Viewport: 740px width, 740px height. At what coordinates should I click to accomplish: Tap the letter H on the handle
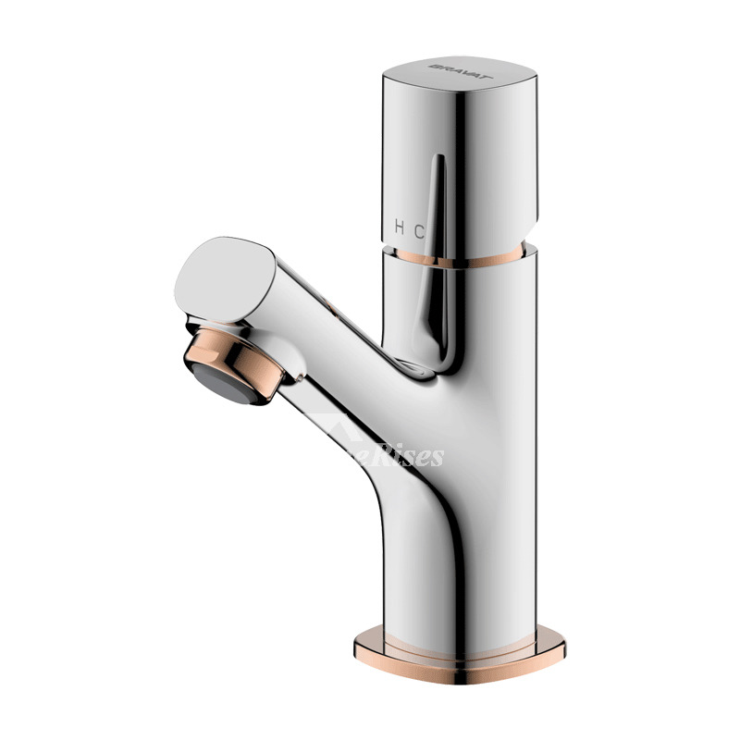[399, 226]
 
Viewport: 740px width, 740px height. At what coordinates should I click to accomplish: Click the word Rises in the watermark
[414, 456]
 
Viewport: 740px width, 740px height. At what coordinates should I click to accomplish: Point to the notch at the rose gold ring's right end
[534, 247]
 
